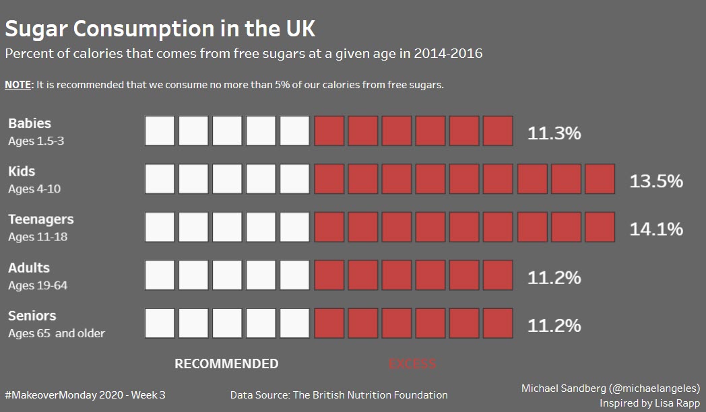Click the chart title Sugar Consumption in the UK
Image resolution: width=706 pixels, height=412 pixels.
160,29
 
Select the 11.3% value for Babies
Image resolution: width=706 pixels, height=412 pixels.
554,133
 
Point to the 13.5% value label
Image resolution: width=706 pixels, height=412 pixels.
656,181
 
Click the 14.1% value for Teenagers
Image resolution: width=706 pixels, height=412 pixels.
656,229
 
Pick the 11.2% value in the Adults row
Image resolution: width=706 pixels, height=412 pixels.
554,277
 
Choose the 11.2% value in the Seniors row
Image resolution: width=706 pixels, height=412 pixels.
554,326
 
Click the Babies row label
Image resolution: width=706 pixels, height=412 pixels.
30,123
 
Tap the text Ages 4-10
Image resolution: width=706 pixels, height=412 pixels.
34,189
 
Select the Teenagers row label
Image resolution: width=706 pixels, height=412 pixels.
41,219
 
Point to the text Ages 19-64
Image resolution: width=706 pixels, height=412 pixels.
38,285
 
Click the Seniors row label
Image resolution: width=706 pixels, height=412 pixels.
32,316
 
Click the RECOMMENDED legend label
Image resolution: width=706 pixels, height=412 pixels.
226,364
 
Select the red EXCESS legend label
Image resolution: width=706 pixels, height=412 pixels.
412,364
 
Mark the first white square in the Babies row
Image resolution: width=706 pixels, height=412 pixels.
160,131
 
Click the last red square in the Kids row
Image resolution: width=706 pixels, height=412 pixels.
600,179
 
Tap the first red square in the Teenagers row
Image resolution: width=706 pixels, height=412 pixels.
329,227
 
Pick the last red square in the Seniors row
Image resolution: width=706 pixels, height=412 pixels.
498,324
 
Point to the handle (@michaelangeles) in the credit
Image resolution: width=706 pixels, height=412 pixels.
654,388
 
